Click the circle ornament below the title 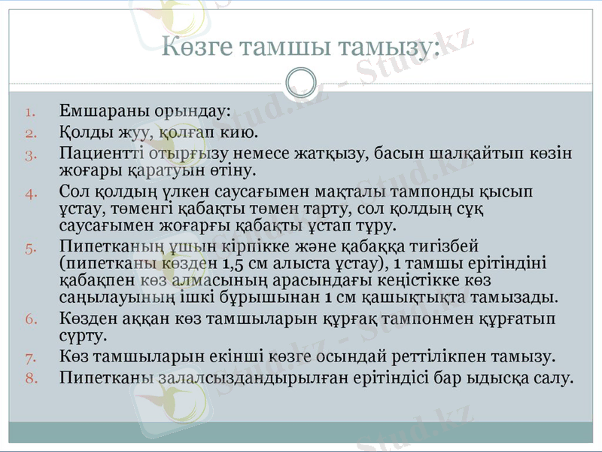301,80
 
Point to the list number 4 30,192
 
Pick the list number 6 30,319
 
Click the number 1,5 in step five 230,263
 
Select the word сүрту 81,335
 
